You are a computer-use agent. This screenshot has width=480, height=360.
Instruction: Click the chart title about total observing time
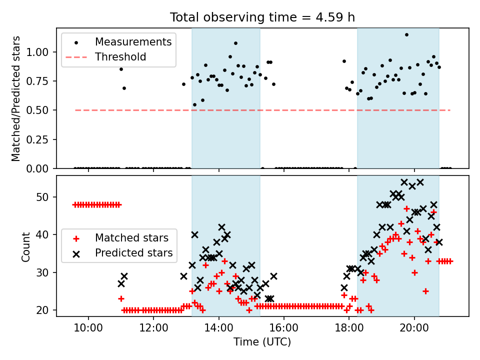pyautogui.click(x=262, y=17)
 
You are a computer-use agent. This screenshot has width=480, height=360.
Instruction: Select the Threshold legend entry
pyautogui.click(x=120, y=57)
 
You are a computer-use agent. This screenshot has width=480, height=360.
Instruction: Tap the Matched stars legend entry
pyautogui.click(x=131, y=237)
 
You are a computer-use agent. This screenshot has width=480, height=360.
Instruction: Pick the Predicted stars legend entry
pyautogui.click(x=133, y=253)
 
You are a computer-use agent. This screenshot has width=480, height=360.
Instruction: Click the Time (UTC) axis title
pyautogui.click(x=262, y=342)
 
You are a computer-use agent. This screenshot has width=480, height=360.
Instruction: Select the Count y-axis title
pyautogui.click(x=26, y=246)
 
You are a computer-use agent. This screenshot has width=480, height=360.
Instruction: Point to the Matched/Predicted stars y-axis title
pyautogui.click(x=16, y=98)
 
